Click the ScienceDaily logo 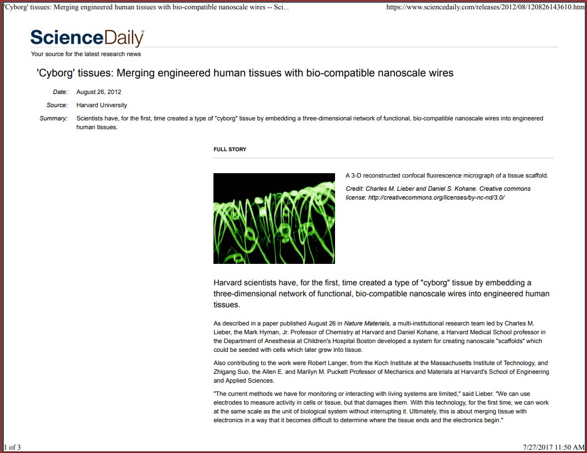point(87,38)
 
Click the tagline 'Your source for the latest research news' point(86,54)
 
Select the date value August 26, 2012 point(99,92)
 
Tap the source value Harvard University point(102,105)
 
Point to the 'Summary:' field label point(53,118)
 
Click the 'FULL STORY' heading point(230,150)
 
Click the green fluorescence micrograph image point(274,218)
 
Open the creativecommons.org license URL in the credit point(436,197)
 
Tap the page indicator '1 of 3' point(12,448)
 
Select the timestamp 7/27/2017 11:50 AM point(554,448)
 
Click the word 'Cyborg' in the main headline point(56,73)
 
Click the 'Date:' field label point(60,92)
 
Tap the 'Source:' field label point(57,105)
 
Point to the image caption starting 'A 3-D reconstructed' point(447,176)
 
